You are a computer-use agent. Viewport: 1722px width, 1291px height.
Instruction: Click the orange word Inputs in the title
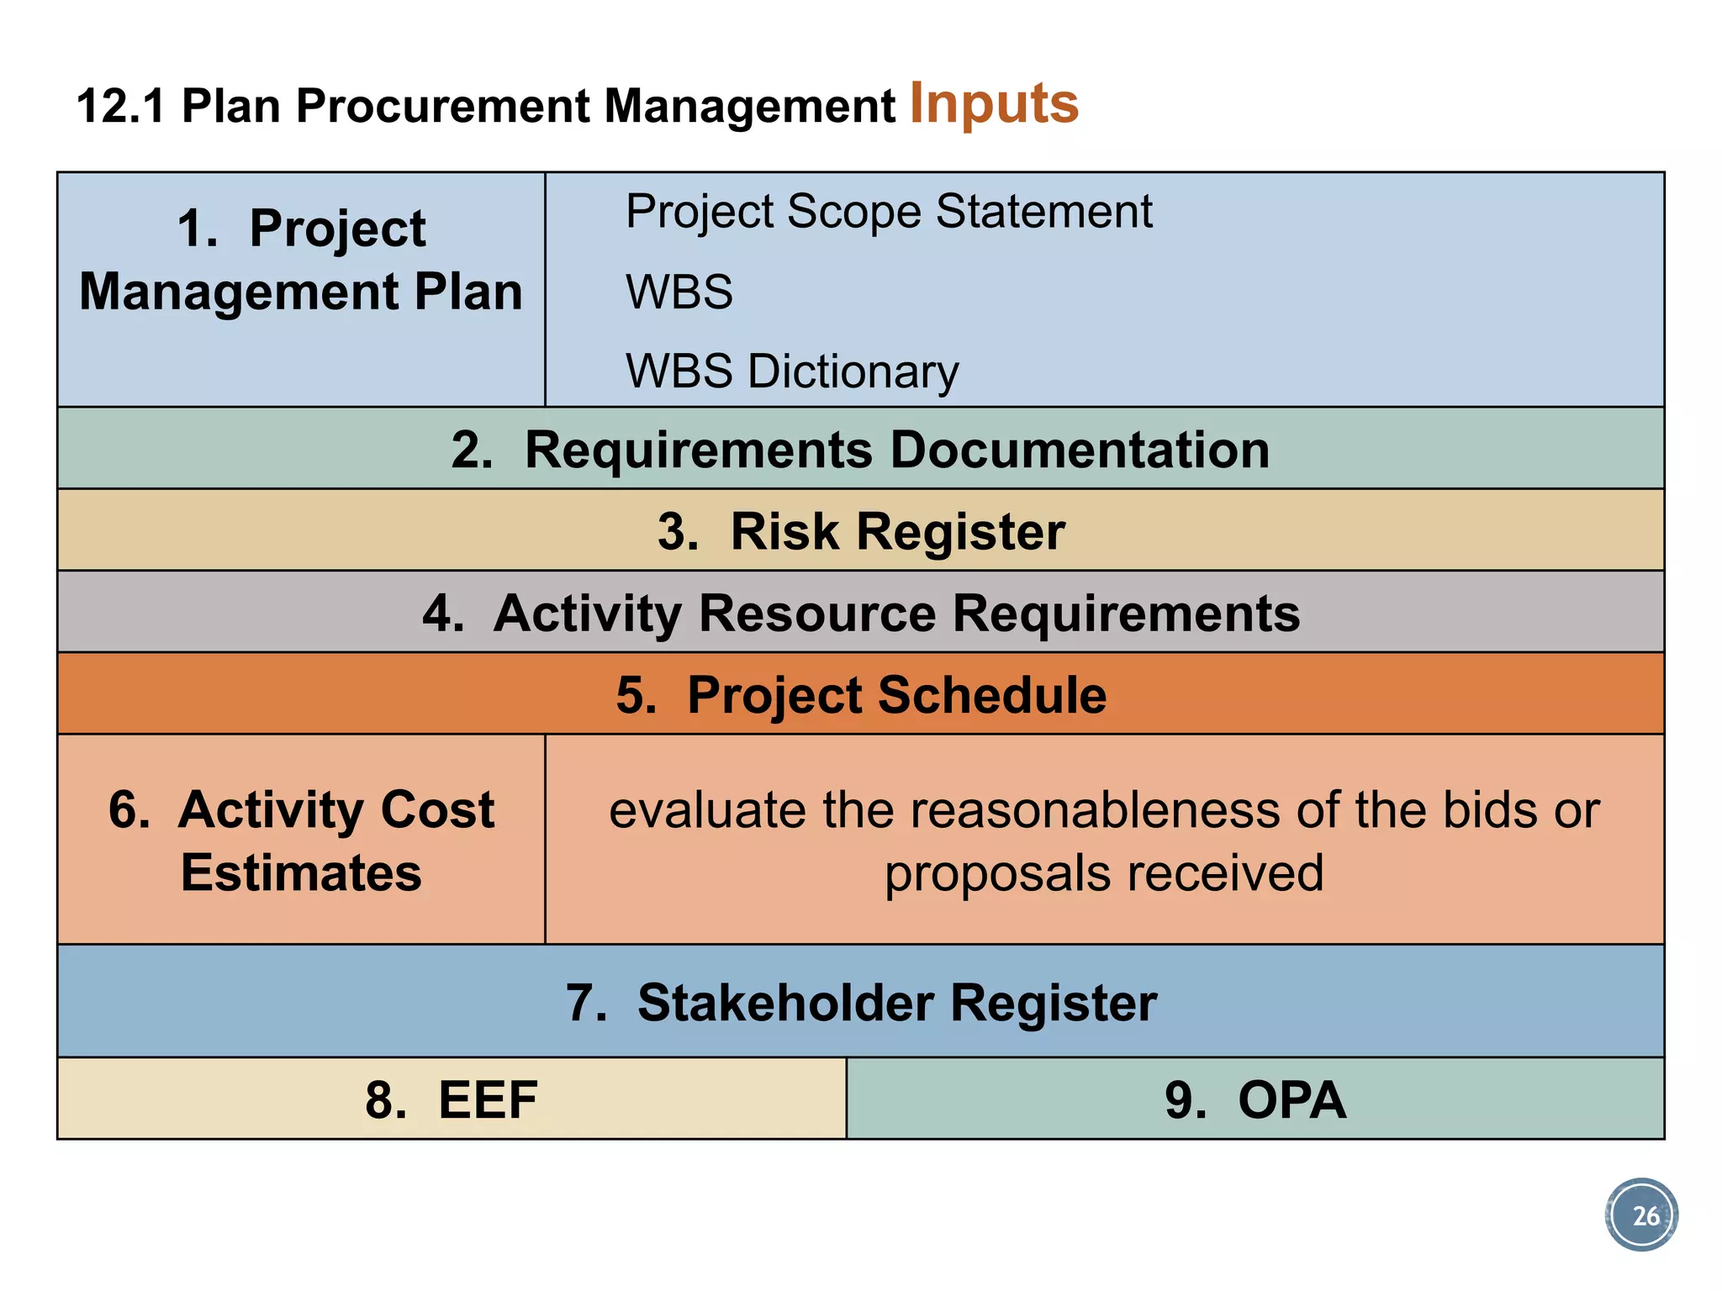point(994,103)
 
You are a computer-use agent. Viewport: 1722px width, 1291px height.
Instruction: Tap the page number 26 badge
point(1640,1215)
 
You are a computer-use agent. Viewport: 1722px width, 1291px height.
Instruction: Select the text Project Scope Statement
point(889,211)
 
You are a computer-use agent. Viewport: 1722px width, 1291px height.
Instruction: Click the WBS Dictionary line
point(791,371)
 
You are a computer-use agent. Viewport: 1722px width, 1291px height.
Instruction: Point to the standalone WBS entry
point(679,292)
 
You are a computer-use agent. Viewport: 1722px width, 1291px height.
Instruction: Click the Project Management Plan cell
point(301,261)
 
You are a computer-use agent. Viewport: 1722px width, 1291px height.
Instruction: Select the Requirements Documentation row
point(860,450)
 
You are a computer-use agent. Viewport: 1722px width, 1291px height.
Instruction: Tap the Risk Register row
point(860,531)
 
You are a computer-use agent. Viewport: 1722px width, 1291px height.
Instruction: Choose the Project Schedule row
point(860,695)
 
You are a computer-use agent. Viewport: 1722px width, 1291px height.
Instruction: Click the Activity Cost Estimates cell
point(301,840)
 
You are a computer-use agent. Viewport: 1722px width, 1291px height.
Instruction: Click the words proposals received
point(1103,873)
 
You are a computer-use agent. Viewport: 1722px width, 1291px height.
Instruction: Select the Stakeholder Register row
point(860,1003)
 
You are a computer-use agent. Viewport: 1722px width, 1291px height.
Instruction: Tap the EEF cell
point(452,1099)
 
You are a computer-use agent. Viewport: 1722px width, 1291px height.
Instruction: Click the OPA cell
point(1255,1099)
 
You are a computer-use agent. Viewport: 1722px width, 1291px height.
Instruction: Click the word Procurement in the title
point(441,107)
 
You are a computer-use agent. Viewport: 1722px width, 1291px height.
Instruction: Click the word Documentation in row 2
point(1079,450)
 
